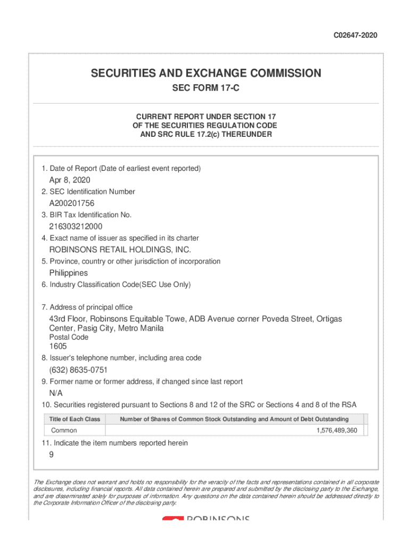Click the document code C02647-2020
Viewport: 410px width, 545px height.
[356, 35]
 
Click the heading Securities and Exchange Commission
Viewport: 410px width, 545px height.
[206, 73]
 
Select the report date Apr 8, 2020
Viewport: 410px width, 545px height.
[70, 180]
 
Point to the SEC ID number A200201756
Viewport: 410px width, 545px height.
[72, 203]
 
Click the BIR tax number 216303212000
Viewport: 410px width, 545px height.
[76, 226]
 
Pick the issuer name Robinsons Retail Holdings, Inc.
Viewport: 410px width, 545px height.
[120, 250]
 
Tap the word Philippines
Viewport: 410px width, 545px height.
[69, 272]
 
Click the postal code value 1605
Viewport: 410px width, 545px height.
[58, 346]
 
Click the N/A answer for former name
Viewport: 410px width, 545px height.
[56, 393]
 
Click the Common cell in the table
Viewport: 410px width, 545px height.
[64, 431]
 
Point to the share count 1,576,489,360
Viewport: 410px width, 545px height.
[337, 431]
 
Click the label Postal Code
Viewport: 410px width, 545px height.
[69, 337]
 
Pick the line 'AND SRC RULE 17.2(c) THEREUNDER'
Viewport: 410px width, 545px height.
[206, 135]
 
